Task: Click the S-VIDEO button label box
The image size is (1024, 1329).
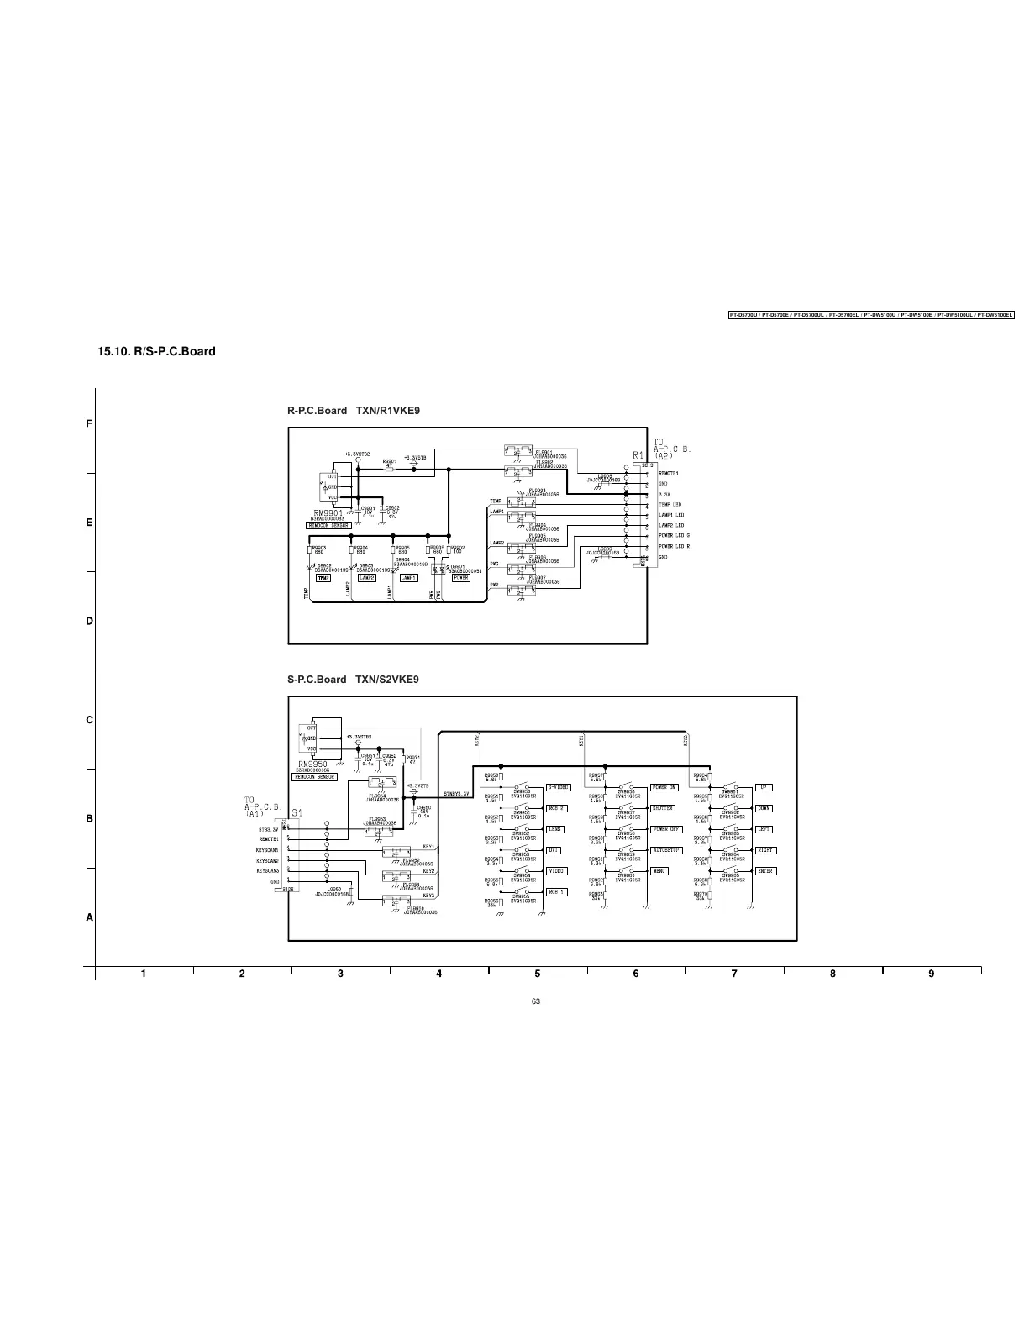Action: point(559,787)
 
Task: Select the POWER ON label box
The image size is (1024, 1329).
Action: point(664,787)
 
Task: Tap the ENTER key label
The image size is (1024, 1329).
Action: point(764,871)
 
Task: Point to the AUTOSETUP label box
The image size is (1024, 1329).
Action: point(665,850)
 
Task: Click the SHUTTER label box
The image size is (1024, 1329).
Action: point(663,808)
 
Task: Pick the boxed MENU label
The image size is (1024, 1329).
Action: point(659,871)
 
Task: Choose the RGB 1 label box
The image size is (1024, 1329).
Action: point(557,892)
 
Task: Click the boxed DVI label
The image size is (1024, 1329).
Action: point(554,850)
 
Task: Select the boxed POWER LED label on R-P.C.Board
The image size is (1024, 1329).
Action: point(461,578)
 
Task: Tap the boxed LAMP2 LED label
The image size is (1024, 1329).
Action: point(367,578)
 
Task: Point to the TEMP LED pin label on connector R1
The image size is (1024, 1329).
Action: point(670,505)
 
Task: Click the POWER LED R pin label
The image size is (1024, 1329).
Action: point(674,546)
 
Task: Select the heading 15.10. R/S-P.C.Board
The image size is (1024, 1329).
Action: point(157,351)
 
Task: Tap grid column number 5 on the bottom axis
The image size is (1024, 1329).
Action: point(537,974)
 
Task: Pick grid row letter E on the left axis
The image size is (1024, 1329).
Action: point(89,523)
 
